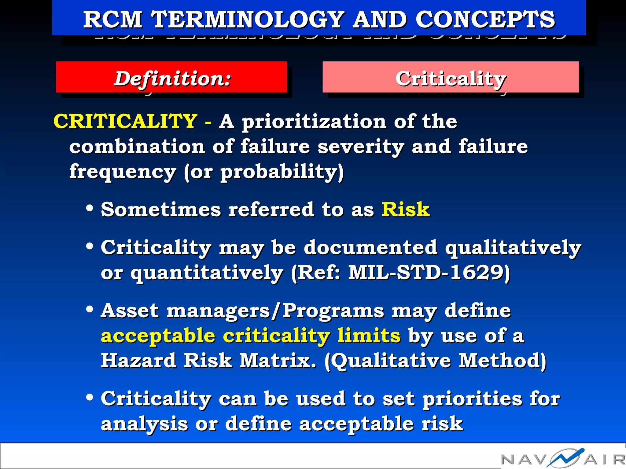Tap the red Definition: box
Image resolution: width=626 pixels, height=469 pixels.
[x=171, y=77]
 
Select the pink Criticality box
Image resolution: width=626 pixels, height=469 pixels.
[x=451, y=77]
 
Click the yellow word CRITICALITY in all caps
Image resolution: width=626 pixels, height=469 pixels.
[x=125, y=121]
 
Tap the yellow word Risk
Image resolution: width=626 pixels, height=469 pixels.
[x=406, y=209]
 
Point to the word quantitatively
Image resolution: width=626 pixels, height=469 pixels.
[x=207, y=273]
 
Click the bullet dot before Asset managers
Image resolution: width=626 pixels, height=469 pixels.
[x=90, y=309]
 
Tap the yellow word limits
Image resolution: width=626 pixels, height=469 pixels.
[x=369, y=336]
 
